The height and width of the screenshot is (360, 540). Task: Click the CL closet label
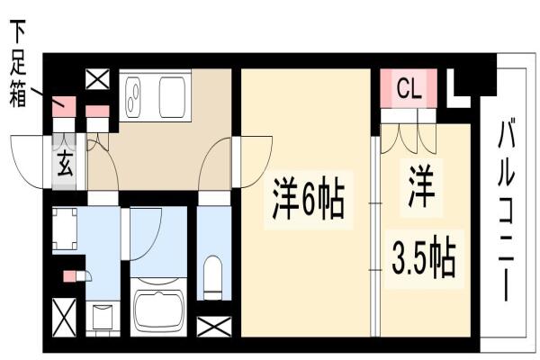(409, 88)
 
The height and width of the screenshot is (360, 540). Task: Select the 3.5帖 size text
(424, 257)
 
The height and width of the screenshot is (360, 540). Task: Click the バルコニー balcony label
(506, 210)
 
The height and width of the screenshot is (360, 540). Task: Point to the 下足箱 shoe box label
(17, 63)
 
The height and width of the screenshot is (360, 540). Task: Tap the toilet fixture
(213, 277)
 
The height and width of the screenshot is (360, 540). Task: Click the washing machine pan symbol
(65, 229)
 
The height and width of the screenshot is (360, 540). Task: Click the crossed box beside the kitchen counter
(97, 79)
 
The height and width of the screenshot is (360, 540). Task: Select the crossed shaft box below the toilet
(214, 326)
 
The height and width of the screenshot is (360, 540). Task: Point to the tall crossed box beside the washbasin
(64, 318)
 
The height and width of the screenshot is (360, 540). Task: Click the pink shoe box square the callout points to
(64, 106)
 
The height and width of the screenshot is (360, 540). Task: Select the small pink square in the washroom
(69, 276)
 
